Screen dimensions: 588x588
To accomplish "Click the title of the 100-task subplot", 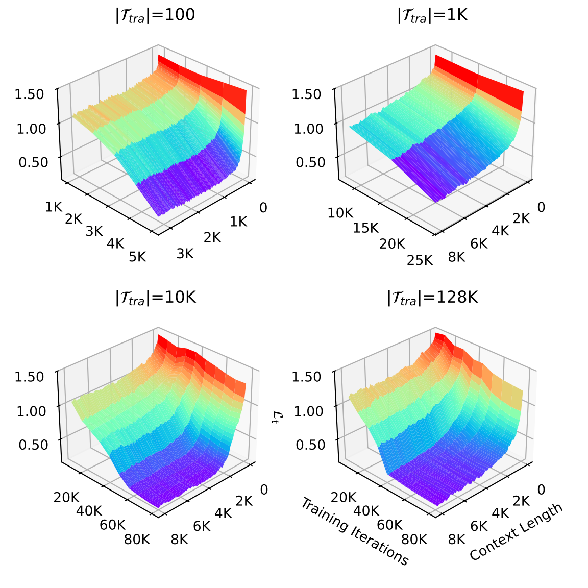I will click(x=155, y=16).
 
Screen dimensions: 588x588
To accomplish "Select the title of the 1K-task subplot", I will click(x=432, y=16).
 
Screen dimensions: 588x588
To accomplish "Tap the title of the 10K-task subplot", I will click(x=155, y=298).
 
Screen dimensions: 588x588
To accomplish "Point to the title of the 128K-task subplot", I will click(x=432, y=298).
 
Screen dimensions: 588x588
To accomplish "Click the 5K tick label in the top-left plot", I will click(x=137, y=256).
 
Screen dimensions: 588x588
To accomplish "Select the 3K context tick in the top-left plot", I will click(x=185, y=253).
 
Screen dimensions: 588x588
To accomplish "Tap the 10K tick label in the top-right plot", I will click(x=340, y=213).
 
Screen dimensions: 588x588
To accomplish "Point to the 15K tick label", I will click(x=365, y=228).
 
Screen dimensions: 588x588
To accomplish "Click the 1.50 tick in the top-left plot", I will click(x=30, y=94).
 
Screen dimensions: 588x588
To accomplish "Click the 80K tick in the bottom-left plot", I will click(x=137, y=539).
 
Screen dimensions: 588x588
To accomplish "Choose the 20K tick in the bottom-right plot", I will click(x=343, y=497).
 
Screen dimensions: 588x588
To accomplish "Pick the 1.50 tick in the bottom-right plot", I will click(x=308, y=377).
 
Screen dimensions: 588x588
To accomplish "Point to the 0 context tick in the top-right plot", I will click(x=541, y=207).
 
